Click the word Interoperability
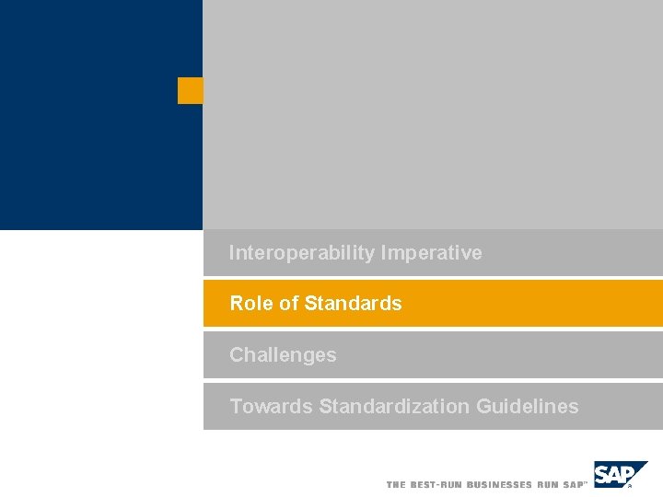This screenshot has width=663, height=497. [301, 253]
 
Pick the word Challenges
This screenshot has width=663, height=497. [283, 355]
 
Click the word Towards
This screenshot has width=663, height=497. [271, 406]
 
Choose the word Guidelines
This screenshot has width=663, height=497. [528, 406]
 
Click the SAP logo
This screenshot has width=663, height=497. [619, 474]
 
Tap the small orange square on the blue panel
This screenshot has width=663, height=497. [190, 91]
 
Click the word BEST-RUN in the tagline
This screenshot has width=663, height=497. [436, 484]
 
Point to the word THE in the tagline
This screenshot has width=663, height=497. [396, 484]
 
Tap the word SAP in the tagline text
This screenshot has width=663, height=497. [574, 484]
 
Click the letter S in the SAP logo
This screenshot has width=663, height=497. [602, 475]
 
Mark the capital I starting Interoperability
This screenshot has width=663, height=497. [232, 253]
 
